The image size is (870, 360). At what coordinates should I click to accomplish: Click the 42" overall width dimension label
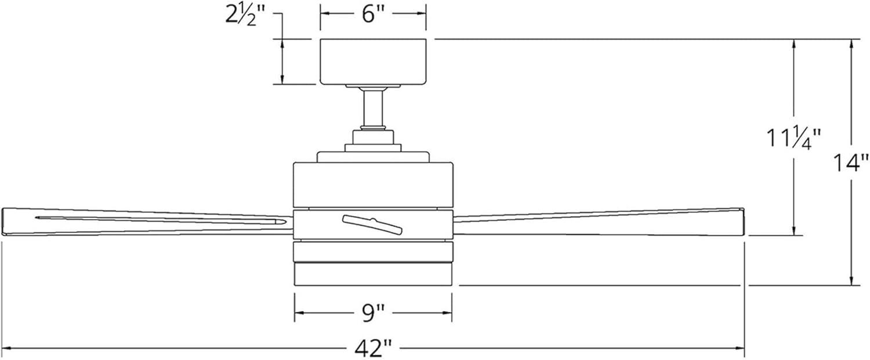pyautogui.click(x=373, y=348)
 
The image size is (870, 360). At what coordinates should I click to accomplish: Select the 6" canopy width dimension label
pyautogui.click(x=373, y=14)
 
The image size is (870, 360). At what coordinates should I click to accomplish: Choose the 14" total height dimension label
pyautogui.click(x=850, y=163)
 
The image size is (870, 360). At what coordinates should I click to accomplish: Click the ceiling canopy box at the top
pyautogui.click(x=373, y=61)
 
